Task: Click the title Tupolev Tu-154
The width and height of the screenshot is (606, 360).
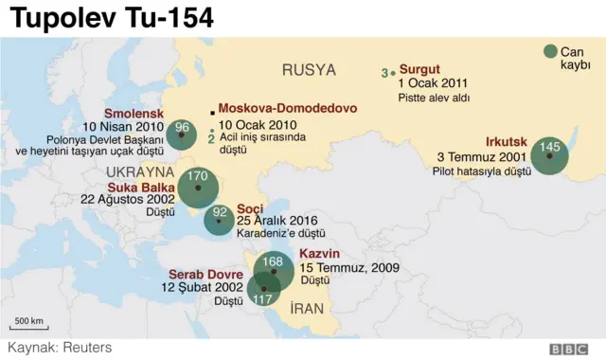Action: [112, 18]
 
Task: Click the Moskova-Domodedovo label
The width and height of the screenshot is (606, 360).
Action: [288, 108]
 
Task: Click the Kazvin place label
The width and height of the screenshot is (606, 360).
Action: [319, 254]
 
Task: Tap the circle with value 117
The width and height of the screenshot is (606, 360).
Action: [262, 290]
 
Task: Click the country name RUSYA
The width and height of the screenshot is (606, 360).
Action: [309, 69]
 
